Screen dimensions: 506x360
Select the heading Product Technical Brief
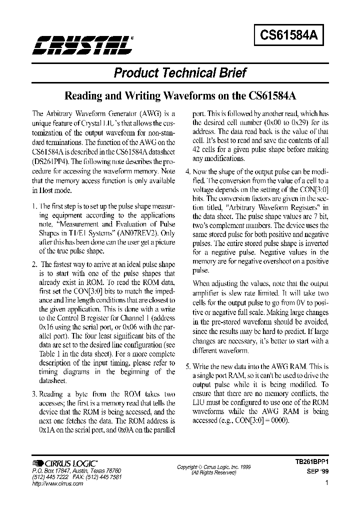click(180, 73)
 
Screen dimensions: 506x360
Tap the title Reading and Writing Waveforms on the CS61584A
click(179, 95)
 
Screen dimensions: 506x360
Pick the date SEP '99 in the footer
click(316, 471)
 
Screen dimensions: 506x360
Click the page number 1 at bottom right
click(326, 483)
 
